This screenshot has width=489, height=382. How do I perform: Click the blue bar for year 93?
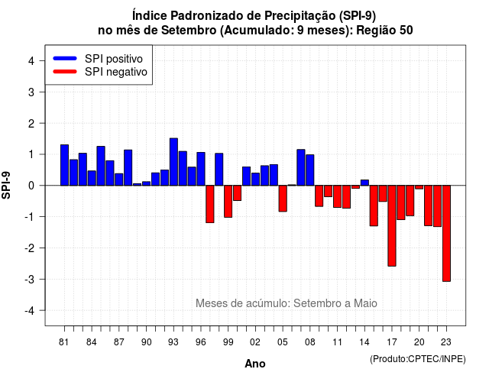pos(173,162)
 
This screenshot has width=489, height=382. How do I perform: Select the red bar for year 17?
pos(392,226)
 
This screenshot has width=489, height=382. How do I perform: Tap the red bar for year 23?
pos(446,234)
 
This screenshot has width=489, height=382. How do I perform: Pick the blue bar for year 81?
pos(64,165)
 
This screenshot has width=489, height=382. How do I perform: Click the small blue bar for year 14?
pos(364,183)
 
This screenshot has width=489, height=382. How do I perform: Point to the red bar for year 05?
pos(283,199)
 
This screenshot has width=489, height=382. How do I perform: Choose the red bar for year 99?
pos(228,202)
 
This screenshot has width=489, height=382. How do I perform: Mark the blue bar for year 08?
pos(310,170)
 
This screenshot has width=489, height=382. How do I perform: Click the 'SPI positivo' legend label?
pos(114,59)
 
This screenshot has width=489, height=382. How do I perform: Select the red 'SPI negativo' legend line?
pos(65,72)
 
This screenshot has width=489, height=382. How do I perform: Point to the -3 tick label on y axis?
pos(31,280)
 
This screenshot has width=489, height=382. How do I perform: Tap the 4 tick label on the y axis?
pos(31,61)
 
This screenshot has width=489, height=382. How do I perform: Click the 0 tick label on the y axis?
pos(31,186)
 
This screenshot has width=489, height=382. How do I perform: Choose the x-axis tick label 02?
pos(255,342)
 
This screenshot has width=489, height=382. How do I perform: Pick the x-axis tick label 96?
pos(201,342)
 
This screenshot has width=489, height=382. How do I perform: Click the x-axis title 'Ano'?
pos(255,364)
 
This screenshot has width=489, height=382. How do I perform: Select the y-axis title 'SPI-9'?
pos(6,185)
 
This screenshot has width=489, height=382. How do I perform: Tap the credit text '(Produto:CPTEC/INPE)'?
pos(418,359)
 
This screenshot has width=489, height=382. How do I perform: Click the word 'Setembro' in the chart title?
pos(189,31)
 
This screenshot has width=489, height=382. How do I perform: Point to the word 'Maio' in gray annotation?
pos(365,303)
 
